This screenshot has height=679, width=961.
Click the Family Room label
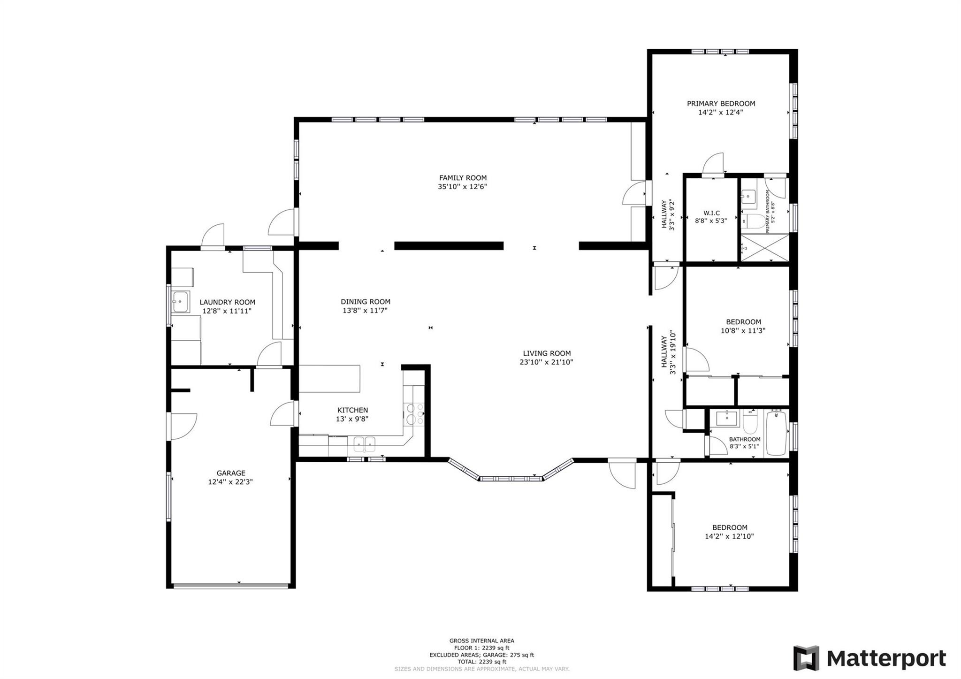tap(463, 178)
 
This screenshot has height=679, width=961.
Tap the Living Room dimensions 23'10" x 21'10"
tap(546, 362)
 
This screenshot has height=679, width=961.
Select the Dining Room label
tap(366, 302)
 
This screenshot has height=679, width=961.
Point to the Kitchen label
tap(352, 410)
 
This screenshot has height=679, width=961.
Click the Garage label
tap(231, 473)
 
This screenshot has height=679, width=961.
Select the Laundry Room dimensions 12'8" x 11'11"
tap(227, 311)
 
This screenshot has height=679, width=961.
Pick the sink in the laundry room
tap(180, 302)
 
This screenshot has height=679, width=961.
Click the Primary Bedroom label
tap(721, 104)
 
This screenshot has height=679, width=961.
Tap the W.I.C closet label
tap(711, 213)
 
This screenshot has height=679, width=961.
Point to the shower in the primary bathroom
tap(764, 248)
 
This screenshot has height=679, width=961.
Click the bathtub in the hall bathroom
tap(777, 433)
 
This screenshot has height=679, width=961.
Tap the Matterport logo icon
tap(806, 658)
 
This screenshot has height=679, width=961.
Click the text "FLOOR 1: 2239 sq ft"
tap(481, 648)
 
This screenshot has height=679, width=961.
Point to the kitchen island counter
tap(329, 379)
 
